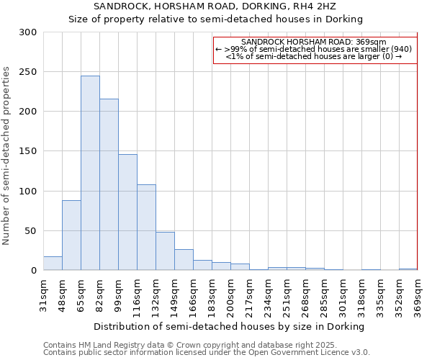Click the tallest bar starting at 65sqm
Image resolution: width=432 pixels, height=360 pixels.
[x=90, y=173]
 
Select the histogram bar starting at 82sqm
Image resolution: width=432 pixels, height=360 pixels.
[x=109, y=184]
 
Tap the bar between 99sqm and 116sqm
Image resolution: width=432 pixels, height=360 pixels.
[x=127, y=212]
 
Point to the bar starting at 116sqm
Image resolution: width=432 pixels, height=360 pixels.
[x=146, y=228]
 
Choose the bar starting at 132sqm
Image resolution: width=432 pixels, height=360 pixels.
[x=165, y=251]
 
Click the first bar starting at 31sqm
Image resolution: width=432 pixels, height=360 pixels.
[x=53, y=264]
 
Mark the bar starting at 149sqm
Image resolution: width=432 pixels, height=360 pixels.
[x=184, y=260]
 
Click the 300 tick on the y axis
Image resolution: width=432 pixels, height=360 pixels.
[x=28, y=32]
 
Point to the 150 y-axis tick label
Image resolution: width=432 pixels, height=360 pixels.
[x=28, y=151]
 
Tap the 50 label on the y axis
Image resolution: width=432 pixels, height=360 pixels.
[x=30, y=231]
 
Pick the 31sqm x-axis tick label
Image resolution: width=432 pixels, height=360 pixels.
[x=43, y=295]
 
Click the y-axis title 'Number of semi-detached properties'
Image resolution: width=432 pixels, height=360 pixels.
[x=7, y=156]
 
